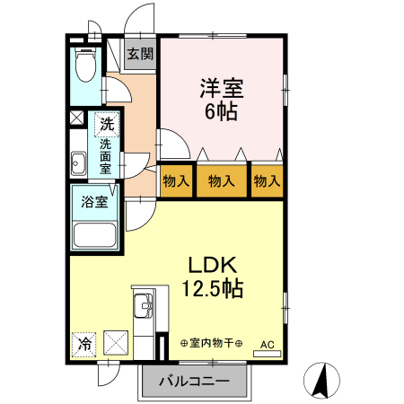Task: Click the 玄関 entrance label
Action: (x=139, y=54)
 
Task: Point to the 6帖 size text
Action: (x=222, y=112)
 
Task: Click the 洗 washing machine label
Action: (x=108, y=124)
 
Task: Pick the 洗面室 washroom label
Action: (x=106, y=156)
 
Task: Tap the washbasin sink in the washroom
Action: (x=78, y=163)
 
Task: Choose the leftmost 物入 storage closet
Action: (x=176, y=180)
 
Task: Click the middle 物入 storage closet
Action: (x=221, y=180)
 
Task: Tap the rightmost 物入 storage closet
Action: (x=267, y=180)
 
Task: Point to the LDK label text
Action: (x=212, y=266)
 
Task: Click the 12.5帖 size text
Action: (x=212, y=289)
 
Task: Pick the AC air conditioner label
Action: (x=267, y=344)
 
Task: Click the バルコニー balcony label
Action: (x=194, y=382)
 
